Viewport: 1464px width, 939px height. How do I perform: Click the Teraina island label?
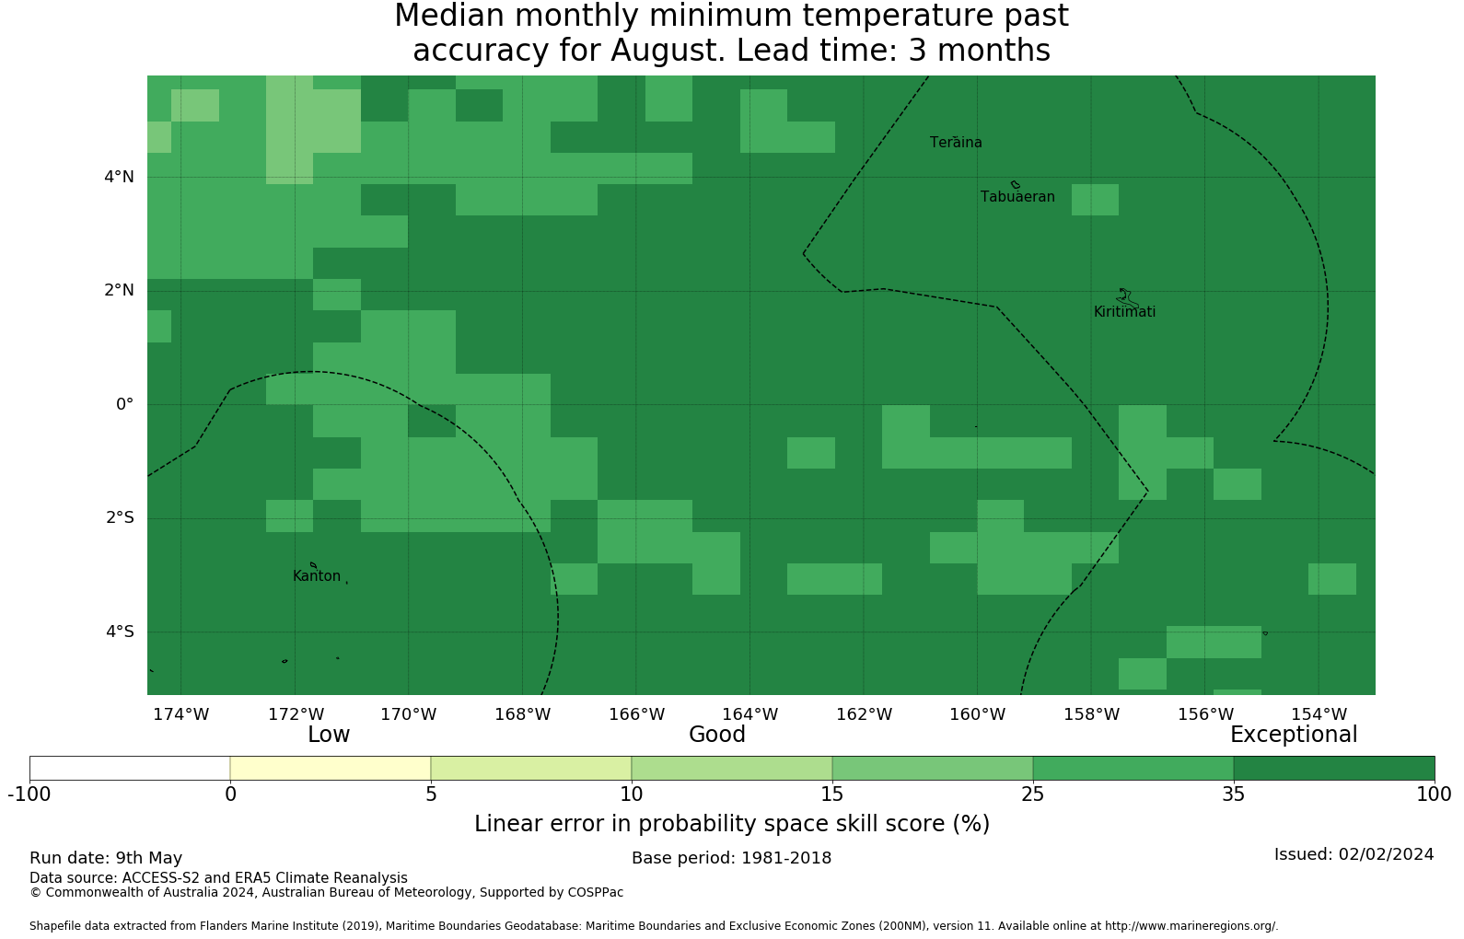coord(956,143)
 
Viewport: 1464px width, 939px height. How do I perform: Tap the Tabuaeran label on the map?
coord(1017,197)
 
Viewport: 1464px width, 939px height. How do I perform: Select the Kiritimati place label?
coord(1124,312)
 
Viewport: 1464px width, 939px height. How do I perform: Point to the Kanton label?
coord(317,575)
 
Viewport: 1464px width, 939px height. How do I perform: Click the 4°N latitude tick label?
coord(119,177)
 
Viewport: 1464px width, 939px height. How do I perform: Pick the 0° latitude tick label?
coord(125,404)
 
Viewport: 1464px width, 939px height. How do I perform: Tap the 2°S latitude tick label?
coord(120,518)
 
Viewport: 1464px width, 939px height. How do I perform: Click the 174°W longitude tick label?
coord(181,714)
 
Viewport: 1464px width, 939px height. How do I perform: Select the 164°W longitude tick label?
coord(750,714)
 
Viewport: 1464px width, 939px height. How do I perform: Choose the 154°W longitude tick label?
coord(1319,714)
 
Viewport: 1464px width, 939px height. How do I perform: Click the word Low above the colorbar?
coord(329,735)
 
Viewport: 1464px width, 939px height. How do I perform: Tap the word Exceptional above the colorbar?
coord(1294,735)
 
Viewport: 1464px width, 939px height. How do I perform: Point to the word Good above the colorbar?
coord(717,735)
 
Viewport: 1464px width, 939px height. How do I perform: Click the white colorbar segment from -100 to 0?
coord(130,769)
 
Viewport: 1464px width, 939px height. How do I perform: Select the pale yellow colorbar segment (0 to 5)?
coord(331,769)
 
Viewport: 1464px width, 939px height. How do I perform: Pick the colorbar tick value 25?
coord(1033,794)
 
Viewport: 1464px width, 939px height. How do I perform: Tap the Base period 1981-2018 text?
coord(731,858)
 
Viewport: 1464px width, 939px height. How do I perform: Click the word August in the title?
coord(668,51)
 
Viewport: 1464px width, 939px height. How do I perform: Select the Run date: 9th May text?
coord(106,858)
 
